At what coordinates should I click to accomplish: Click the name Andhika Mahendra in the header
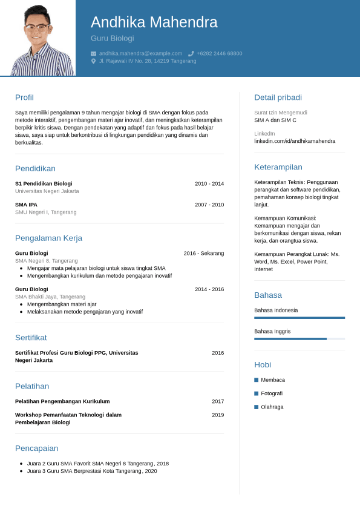154,22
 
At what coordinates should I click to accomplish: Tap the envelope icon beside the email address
93,53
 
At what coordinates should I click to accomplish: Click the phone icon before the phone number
191,53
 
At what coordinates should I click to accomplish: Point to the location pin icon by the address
93,61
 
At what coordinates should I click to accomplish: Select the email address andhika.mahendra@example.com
140,53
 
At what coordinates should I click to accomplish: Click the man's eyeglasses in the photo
37,27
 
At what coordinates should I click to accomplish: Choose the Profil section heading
24,97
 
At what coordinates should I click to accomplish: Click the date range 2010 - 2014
209,183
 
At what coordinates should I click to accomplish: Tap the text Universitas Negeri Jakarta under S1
47,191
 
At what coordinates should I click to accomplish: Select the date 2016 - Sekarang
204,253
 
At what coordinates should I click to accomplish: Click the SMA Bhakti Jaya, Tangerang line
50,297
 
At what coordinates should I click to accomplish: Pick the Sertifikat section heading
31,338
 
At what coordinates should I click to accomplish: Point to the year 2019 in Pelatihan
218,415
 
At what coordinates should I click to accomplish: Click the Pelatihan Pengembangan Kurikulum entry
62,401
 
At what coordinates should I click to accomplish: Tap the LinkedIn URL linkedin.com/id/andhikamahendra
295,141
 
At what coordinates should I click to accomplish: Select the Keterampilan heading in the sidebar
278,167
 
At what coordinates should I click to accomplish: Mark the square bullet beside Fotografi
257,393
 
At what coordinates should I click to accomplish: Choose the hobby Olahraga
272,407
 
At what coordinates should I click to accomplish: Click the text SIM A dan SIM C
275,120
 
